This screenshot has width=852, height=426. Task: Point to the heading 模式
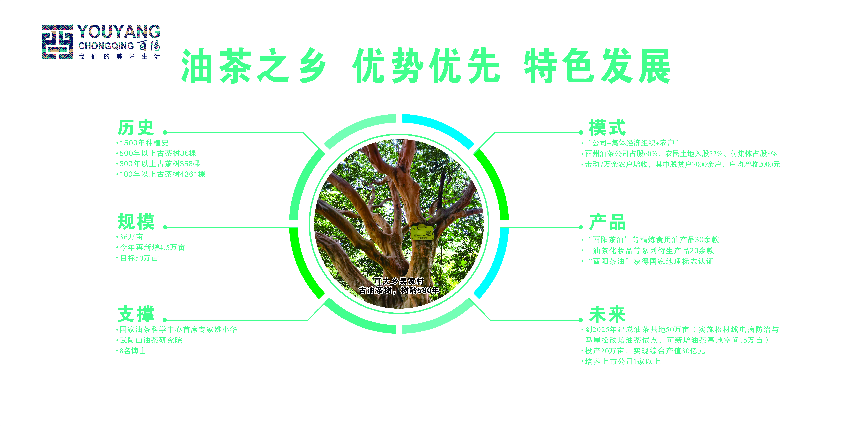click(607, 128)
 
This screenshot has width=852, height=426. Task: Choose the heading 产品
click(607, 222)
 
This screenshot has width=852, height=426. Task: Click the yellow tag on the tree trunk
click(422, 232)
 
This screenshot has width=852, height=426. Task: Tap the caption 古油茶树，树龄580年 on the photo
click(399, 290)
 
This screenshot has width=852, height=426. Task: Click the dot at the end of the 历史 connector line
click(165, 133)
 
